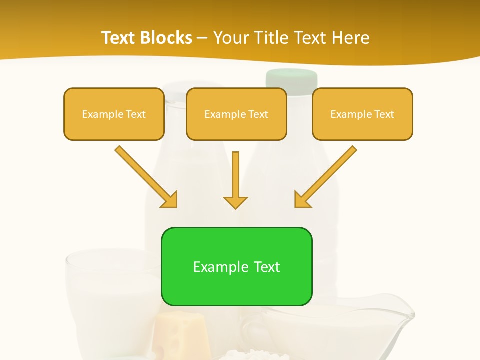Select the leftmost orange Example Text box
114,114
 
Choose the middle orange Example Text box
236,114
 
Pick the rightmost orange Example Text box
362,114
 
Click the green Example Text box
236,267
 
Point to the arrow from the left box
146,176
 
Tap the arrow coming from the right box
326,176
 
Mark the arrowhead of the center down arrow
235,202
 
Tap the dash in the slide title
202,38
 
